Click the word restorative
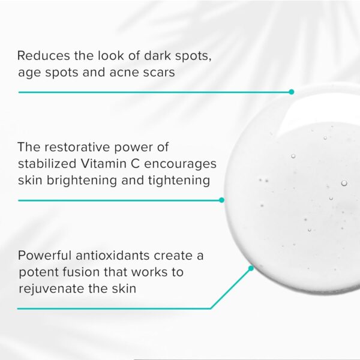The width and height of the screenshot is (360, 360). [76, 147]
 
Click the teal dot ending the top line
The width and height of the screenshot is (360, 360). [292, 92]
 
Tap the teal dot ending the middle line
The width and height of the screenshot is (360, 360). [221, 200]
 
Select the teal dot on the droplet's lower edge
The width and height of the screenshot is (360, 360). [251, 268]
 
